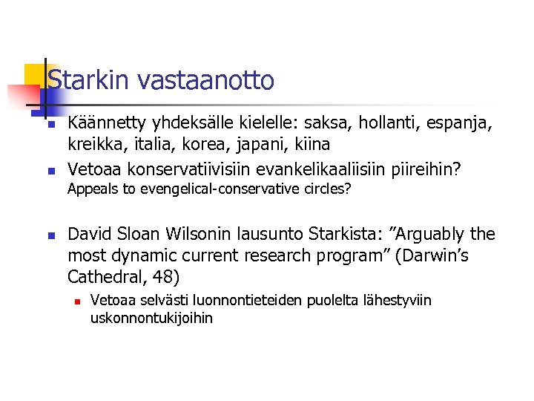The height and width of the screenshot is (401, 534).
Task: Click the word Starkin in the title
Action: (x=83, y=80)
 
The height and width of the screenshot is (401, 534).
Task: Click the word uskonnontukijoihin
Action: (x=151, y=318)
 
